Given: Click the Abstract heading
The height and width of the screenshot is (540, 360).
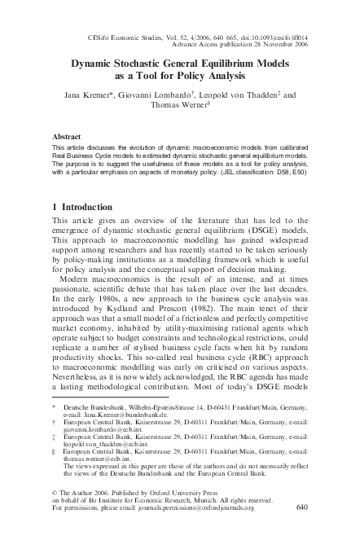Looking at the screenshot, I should (x=66, y=138).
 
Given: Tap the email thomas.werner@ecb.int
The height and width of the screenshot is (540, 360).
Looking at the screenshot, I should (x=99, y=465).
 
